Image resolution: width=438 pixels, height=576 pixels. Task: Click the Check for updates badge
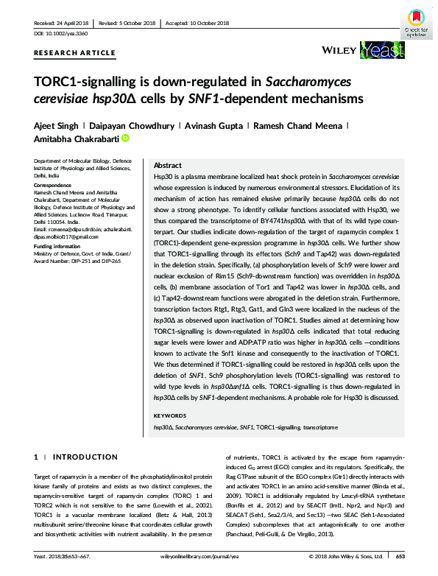click(415, 22)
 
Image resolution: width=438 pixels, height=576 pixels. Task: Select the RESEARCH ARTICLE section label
click(74, 52)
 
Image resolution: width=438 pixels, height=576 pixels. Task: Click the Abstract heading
click(166, 166)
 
